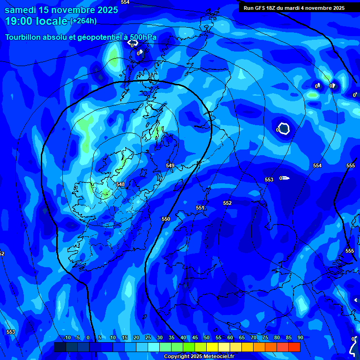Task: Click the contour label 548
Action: pyautogui.click(x=120, y=184)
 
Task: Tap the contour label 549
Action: pyautogui.click(x=170, y=165)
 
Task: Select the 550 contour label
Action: pyautogui.click(x=166, y=219)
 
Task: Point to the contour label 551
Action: pyautogui.click(x=200, y=208)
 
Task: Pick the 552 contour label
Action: pyautogui.click(x=227, y=203)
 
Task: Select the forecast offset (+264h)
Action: pyautogui.click(x=83, y=21)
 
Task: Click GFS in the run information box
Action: pyautogui.click(x=260, y=8)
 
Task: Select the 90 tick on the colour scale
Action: pyautogui.click(x=300, y=337)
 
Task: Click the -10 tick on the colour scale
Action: pyautogui.click(x=66, y=337)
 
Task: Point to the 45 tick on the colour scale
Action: pyautogui.click(x=195, y=337)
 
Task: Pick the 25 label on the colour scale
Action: pyautogui.click(x=148, y=337)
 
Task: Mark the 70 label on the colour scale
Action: pyautogui.click(x=253, y=337)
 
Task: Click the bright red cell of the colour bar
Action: pyautogui.click(x=294, y=347)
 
